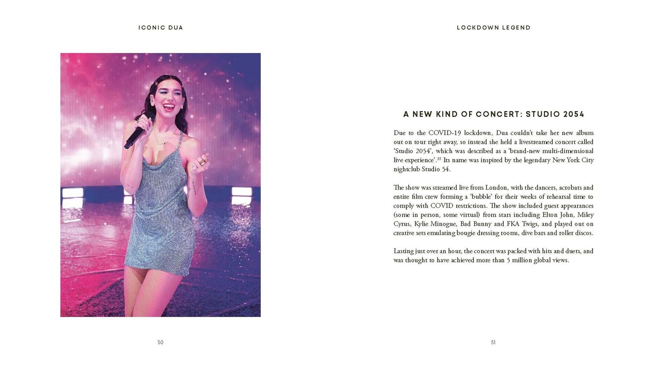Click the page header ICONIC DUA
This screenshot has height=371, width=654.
pos(161,28)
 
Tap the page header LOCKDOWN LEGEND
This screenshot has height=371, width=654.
pos(494,28)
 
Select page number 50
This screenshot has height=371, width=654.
pos(160,342)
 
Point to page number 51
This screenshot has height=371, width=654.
pos(493,342)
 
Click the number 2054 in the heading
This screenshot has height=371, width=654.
pos(574,114)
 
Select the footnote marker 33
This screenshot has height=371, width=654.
pos(439,159)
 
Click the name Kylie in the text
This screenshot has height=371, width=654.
pos(421,224)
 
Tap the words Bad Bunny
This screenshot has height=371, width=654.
pos(475,224)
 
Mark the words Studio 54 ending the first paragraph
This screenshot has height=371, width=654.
pos(436,169)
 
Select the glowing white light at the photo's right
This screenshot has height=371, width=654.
pos(241,192)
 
